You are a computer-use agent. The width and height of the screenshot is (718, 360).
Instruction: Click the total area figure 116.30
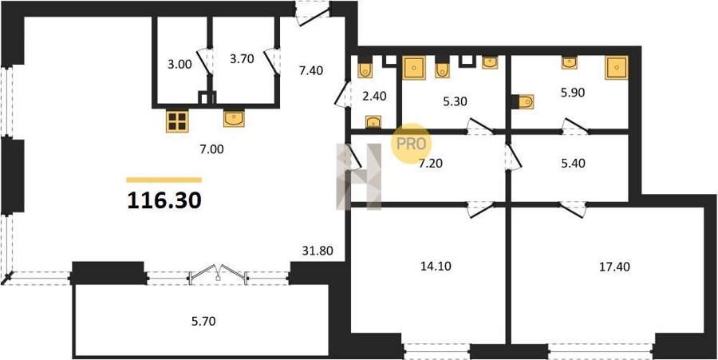164,200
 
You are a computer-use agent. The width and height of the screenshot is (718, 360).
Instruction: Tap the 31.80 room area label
317,251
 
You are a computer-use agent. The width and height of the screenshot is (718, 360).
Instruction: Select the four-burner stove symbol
177,121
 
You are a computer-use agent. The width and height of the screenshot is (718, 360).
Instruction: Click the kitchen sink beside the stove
234,118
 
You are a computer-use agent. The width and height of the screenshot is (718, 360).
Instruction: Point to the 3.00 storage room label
179,65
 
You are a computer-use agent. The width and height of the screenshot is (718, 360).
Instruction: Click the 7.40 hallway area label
311,70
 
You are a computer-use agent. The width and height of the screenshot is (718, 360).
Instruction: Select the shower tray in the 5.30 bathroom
414,68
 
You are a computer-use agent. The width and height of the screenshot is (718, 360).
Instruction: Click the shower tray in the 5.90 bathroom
617,68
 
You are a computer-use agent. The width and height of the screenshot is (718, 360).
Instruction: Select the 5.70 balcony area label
203,322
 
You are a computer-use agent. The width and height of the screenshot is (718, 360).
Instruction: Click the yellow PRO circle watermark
411,144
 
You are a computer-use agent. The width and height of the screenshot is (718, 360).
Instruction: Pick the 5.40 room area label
574,163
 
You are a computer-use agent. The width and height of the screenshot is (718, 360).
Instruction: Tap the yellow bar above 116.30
164,180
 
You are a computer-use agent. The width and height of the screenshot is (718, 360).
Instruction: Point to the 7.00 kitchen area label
211,150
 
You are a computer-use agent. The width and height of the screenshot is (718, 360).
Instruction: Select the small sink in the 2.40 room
373,121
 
